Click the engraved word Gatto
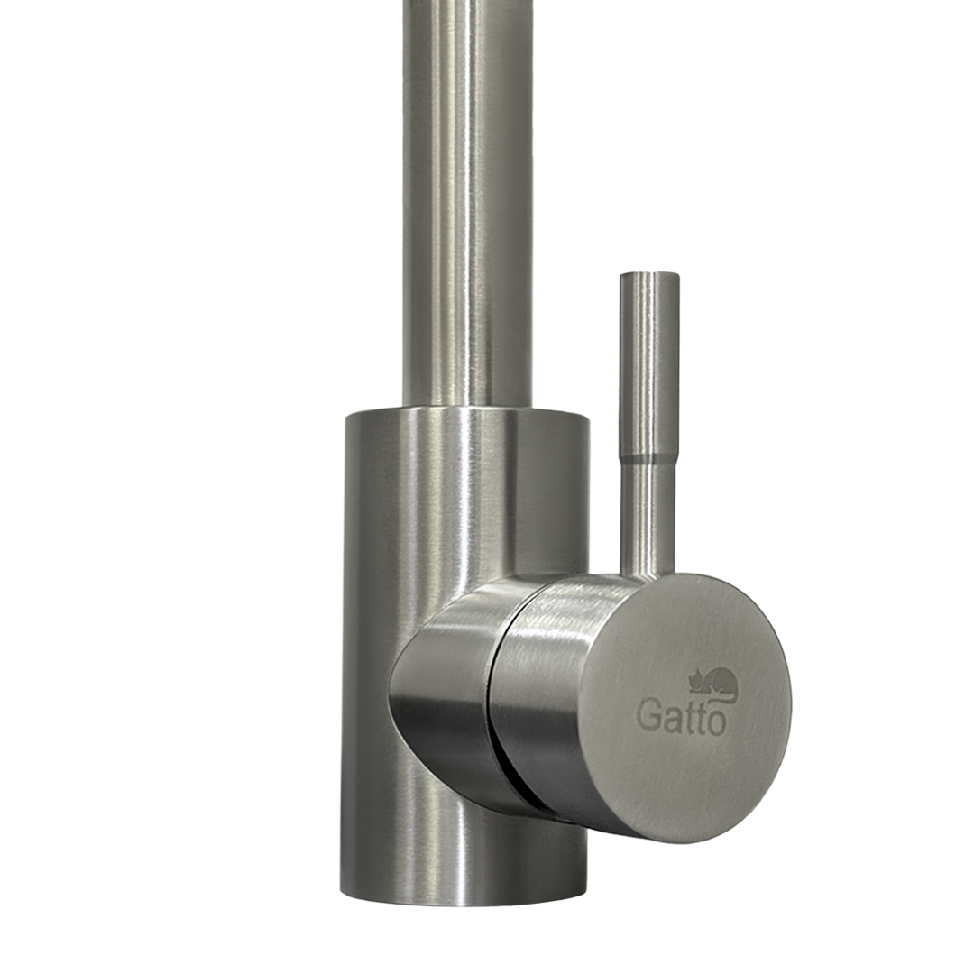pos(681,717)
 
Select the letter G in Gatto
pos(648,716)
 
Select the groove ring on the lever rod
pos(648,460)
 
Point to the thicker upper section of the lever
pos(649,365)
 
